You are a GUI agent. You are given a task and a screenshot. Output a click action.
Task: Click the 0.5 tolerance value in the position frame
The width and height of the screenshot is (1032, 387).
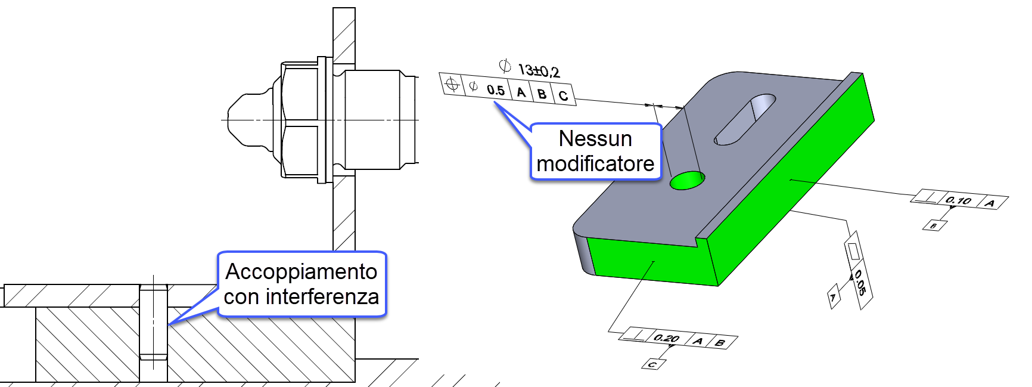click(495, 90)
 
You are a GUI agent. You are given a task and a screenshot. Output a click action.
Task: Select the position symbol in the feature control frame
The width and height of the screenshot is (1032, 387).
click(452, 84)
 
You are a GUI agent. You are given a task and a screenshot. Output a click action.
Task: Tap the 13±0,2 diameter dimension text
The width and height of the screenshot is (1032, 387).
click(539, 71)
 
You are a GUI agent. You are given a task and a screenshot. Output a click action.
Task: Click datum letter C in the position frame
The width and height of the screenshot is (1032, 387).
click(563, 95)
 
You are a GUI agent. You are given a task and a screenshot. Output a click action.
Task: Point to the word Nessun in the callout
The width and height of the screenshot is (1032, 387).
click(595, 139)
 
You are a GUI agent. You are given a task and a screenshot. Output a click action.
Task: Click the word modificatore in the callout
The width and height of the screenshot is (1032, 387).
click(595, 163)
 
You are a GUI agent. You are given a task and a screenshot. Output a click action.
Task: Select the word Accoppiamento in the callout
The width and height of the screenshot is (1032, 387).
click(301, 272)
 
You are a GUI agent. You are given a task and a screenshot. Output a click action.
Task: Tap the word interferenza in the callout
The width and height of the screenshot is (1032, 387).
click(322, 296)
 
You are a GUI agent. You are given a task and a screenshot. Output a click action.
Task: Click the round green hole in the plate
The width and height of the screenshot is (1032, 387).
click(687, 180)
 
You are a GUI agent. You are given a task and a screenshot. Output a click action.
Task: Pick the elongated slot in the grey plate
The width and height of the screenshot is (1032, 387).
click(745, 119)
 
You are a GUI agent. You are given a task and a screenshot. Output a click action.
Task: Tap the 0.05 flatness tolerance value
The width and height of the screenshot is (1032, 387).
click(860, 283)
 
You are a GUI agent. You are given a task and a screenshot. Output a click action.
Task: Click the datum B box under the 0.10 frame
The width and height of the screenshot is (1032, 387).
click(934, 225)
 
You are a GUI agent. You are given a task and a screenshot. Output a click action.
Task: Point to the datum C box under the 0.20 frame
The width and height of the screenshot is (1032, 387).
click(652, 364)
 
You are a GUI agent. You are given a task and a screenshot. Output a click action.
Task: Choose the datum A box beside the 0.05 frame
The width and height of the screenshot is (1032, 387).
click(834, 296)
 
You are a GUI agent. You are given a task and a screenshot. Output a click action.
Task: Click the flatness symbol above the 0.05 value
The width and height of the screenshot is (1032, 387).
click(853, 251)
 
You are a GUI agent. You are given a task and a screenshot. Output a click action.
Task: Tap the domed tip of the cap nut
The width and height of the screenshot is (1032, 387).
click(238, 120)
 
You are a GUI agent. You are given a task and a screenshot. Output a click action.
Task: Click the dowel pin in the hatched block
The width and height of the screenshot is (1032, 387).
click(153, 322)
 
